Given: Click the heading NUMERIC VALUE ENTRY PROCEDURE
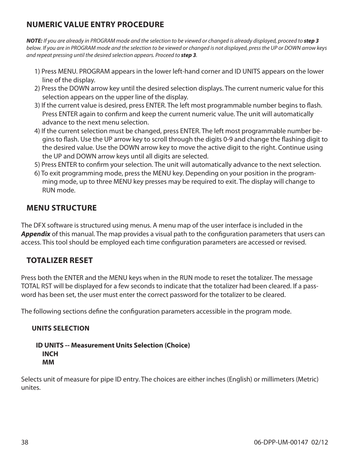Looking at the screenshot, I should point(95,25).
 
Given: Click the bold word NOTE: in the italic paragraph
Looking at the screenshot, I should point(34,41).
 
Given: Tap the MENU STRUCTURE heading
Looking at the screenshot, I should point(62,208).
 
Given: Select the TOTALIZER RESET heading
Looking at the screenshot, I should point(59,260).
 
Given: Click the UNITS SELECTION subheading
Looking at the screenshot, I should point(60,328).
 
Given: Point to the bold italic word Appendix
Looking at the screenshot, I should point(35,234).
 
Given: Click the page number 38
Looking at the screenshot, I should point(25,442).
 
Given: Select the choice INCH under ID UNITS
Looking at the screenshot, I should point(50,354).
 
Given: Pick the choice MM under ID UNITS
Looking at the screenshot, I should point(48,362).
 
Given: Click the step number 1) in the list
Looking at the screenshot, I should point(37,72).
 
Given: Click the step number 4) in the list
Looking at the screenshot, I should point(37,131).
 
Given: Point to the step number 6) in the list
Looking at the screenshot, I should point(37,173).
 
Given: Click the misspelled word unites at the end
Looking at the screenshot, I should point(30,388).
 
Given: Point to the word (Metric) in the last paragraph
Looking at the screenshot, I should point(307,379).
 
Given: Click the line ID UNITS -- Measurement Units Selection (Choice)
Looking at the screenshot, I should point(113,345).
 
